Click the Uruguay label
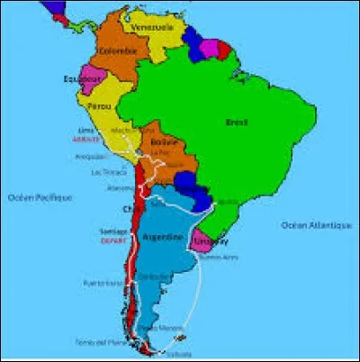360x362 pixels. point(207,242)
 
